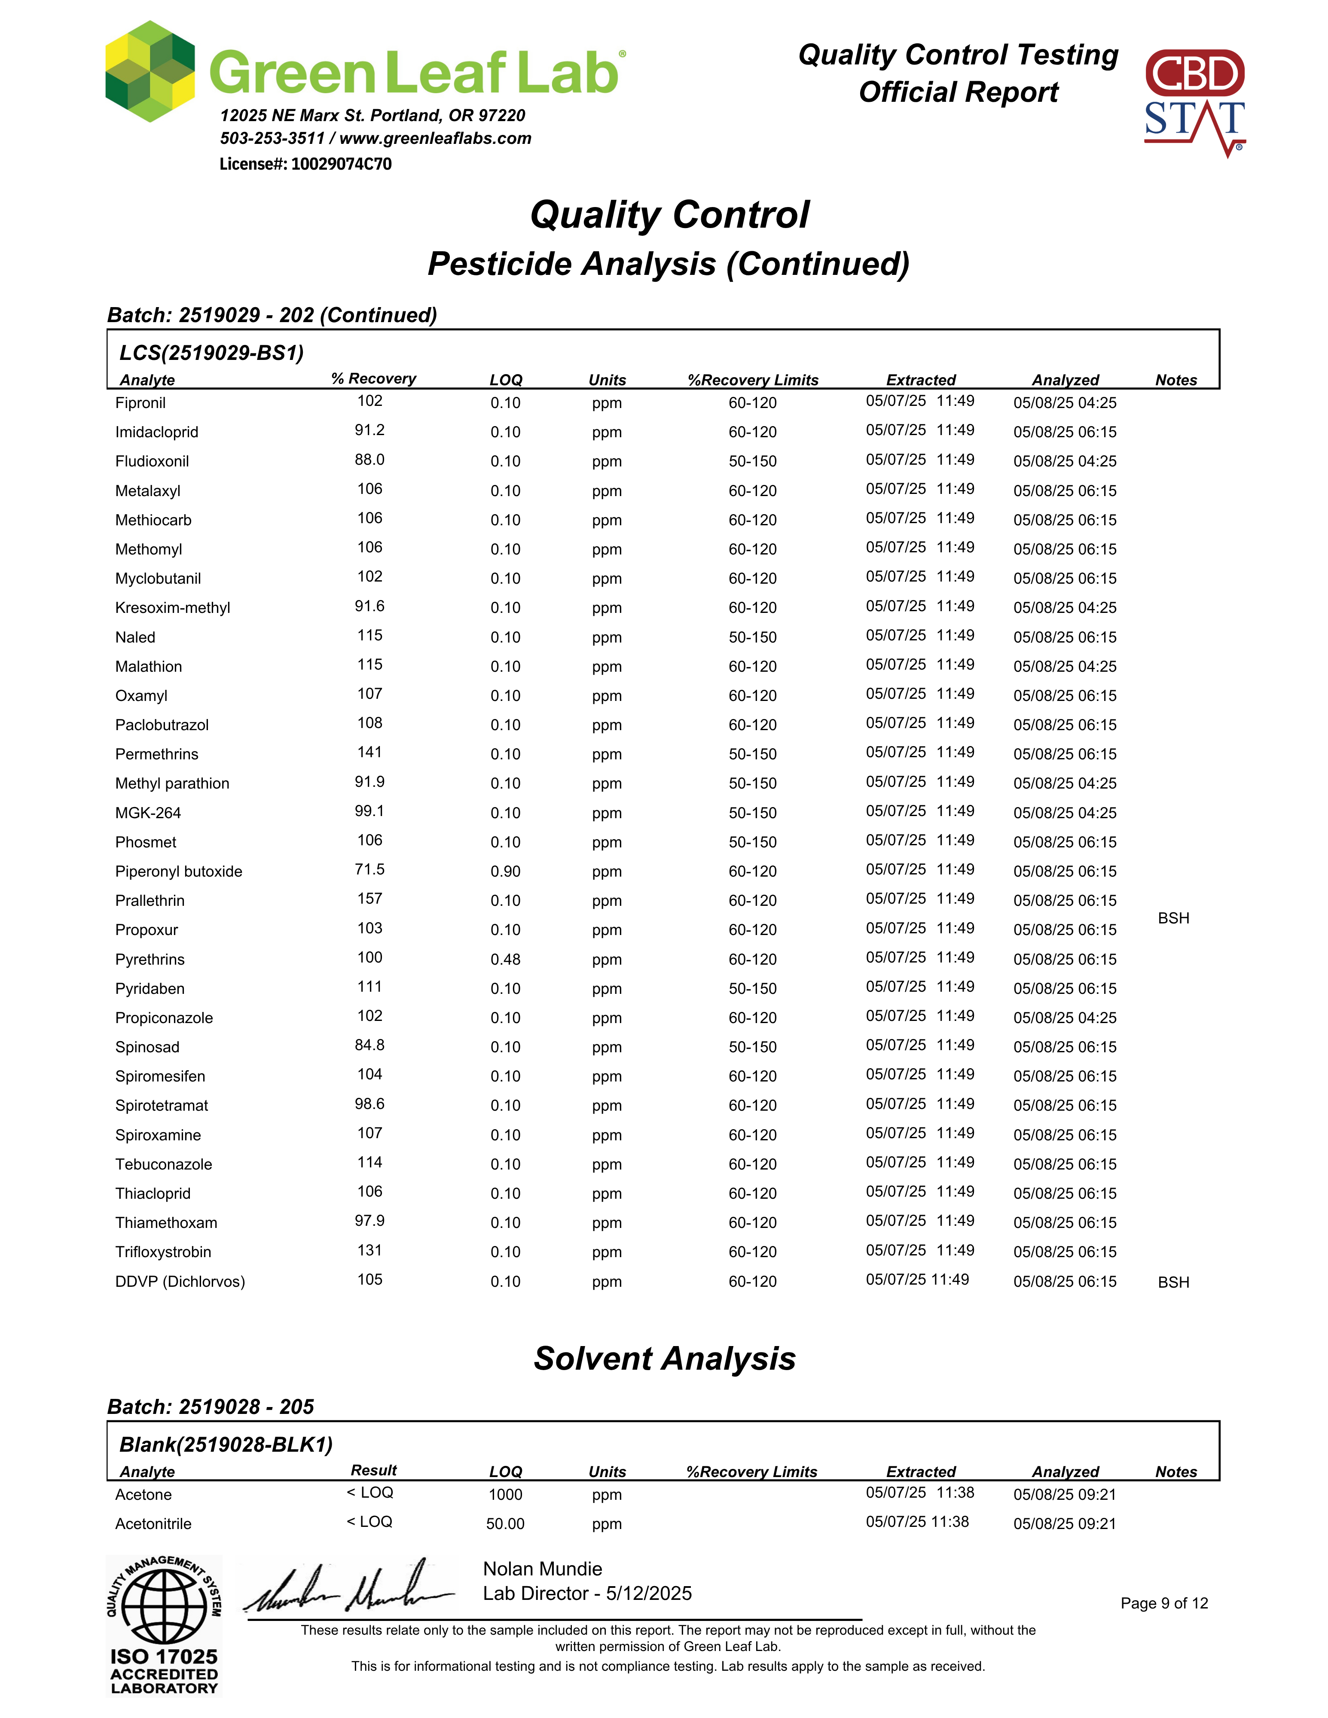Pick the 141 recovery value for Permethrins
[370, 752]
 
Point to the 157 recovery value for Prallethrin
[370, 899]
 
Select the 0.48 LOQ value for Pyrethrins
[505, 960]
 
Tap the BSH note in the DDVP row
[1173, 1282]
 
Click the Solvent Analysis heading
[665, 1359]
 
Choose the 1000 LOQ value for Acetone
[505, 1495]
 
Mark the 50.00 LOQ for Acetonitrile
[505, 1524]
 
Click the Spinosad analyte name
[147, 1047]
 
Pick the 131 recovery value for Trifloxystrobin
[370, 1250]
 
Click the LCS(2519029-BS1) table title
[212, 353]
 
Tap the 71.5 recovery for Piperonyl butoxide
[370, 869]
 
